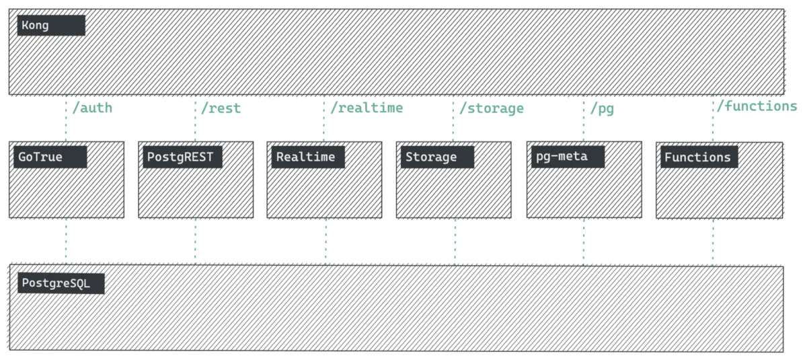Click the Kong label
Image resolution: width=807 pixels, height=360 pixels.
click(x=35, y=25)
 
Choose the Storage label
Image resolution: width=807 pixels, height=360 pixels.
click(x=431, y=157)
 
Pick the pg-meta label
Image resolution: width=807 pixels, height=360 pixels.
click(x=562, y=157)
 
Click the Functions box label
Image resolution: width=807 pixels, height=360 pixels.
click(x=697, y=157)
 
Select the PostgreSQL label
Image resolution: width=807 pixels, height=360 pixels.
click(x=56, y=282)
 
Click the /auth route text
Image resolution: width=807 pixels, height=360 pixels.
click(x=91, y=106)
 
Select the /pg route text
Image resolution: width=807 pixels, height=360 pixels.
click(x=603, y=106)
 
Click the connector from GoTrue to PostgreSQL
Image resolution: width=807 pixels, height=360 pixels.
click(x=67, y=241)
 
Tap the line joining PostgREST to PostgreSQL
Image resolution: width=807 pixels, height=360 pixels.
click(x=196, y=241)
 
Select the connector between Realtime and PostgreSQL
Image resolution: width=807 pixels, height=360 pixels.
click(x=325, y=241)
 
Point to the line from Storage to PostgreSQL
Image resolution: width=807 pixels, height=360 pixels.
click(x=455, y=241)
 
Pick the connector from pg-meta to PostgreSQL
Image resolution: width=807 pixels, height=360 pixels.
click(x=584, y=241)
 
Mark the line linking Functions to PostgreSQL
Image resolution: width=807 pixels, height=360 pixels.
click(x=713, y=241)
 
